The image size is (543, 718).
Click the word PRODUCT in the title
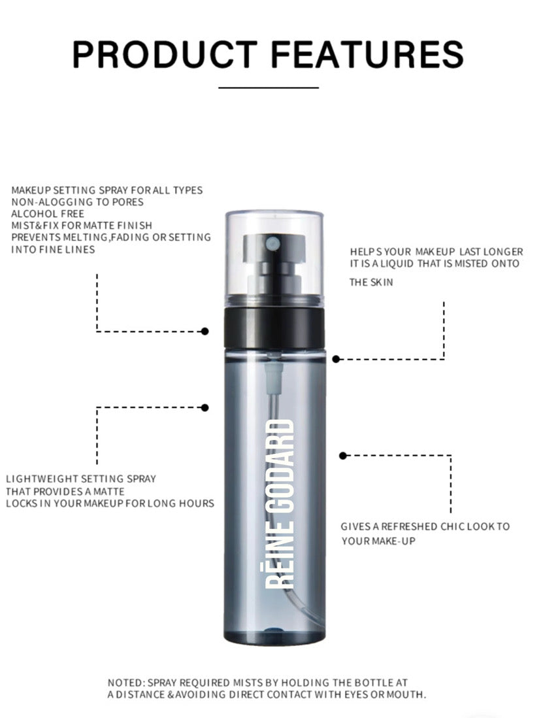(x=165, y=54)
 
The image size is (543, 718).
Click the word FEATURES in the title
(x=367, y=54)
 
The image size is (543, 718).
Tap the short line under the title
(x=269, y=87)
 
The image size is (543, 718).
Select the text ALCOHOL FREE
(x=48, y=214)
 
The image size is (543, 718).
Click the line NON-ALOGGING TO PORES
(x=77, y=202)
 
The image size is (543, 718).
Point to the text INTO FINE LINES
(x=53, y=250)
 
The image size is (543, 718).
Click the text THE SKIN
(x=371, y=282)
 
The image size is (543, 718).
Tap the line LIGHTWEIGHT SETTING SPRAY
(x=81, y=479)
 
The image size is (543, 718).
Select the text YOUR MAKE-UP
(x=378, y=541)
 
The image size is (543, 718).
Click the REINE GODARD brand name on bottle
(x=280, y=504)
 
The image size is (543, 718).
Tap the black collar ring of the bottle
(x=274, y=328)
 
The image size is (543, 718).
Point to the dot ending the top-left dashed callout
(x=205, y=331)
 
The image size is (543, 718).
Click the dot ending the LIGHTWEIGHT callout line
(x=205, y=407)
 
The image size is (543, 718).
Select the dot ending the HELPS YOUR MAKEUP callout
(x=336, y=359)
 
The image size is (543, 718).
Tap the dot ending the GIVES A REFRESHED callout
(x=343, y=455)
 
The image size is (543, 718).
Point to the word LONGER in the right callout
(x=503, y=252)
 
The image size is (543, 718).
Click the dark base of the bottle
(x=274, y=636)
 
